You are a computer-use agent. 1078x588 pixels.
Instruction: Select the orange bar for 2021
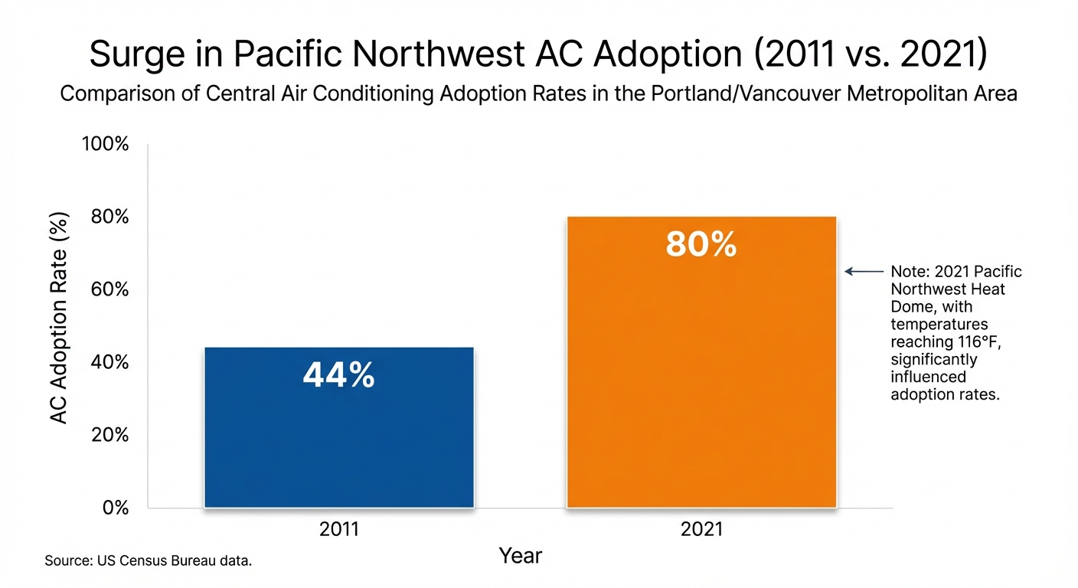pos(701,383)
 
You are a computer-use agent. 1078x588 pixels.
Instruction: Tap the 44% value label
pos(339,376)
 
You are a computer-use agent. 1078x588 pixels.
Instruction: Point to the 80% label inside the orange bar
pos(701,245)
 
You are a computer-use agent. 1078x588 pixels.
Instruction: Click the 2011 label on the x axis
pos(339,530)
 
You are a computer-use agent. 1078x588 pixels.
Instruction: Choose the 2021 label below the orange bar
pos(701,530)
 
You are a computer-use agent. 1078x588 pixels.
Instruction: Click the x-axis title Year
pos(521,556)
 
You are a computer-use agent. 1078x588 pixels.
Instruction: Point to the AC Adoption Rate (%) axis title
pos(60,318)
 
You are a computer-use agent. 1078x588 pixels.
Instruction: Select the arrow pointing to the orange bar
pos(864,271)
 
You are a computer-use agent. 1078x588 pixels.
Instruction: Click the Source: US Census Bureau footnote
pos(149,561)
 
